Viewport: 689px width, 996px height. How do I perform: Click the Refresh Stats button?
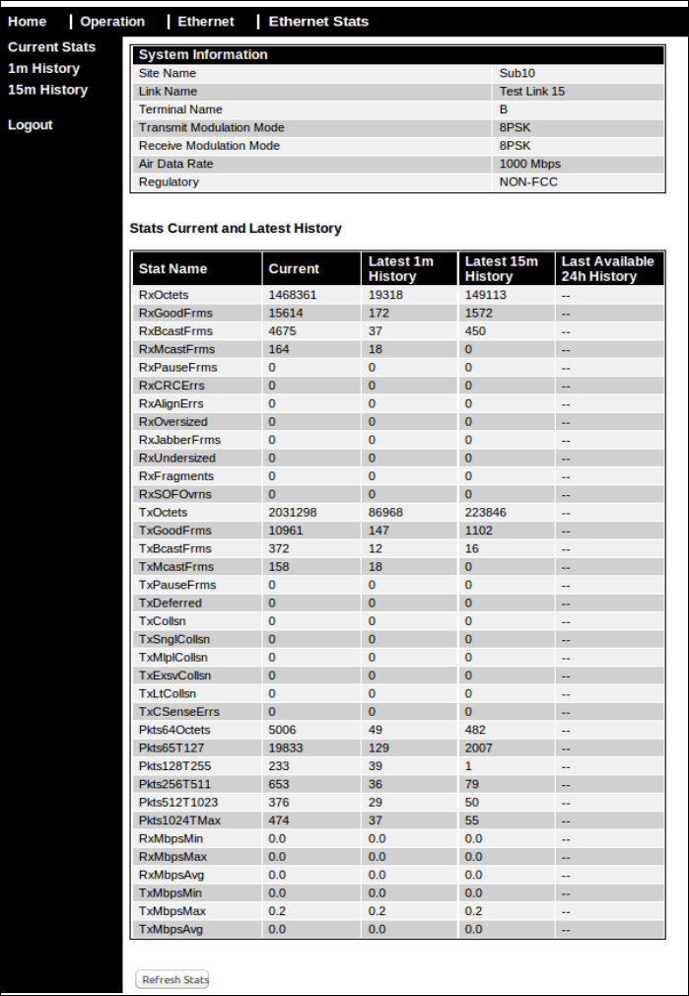pos(172,979)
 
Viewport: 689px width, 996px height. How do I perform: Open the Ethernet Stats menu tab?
pos(318,21)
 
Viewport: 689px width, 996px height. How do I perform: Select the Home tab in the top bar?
pos(28,21)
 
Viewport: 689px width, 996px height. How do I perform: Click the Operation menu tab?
pos(112,21)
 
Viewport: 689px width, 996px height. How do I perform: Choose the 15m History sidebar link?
pos(47,90)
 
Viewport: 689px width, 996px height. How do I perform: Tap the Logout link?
pos(31,125)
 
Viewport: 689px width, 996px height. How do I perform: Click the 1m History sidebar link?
pos(43,68)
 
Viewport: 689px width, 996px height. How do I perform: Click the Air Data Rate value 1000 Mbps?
pos(530,164)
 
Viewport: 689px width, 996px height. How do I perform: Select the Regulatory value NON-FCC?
pos(528,181)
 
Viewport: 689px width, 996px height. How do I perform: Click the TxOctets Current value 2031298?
pos(293,513)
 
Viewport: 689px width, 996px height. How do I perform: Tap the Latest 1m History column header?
pos(401,268)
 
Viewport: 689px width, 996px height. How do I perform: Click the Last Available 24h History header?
pos(607,268)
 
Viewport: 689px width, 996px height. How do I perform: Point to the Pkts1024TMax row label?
pos(180,820)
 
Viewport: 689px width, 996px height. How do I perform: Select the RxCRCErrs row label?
pos(172,386)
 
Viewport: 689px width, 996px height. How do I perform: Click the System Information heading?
pos(203,55)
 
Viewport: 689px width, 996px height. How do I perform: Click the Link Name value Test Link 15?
pos(532,91)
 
